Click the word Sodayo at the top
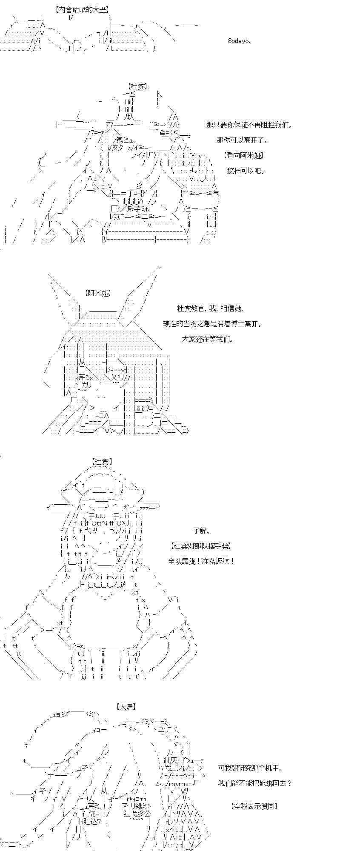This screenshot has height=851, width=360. pyautogui.click(x=240, y=41)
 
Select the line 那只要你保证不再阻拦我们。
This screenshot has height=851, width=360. pyautogui.click(x=250, y=125)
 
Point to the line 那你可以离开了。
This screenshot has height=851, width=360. pyautogui.click(x=242, y=140)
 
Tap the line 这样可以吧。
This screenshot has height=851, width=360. pyautogui.click(x=246, y=171)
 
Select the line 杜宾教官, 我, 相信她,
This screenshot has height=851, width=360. pyautogui.click(x=211, y=308)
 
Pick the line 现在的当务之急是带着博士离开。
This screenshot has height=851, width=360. pyautogui.click(x=213, y=324)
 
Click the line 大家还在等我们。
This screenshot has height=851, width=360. pyautogui.click(x=208, y=339)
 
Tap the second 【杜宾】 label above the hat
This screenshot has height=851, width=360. pyautogui.click(x=102, y=462)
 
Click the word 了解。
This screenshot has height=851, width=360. pyautogui.click(x=202, y=531)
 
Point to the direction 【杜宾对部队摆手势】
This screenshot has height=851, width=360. pyautogui.click(x=201, y=546)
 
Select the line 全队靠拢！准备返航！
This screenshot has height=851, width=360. pyautogui.click(x=201, y=561)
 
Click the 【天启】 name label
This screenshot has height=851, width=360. pyautogui.click(x=126, y=707)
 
